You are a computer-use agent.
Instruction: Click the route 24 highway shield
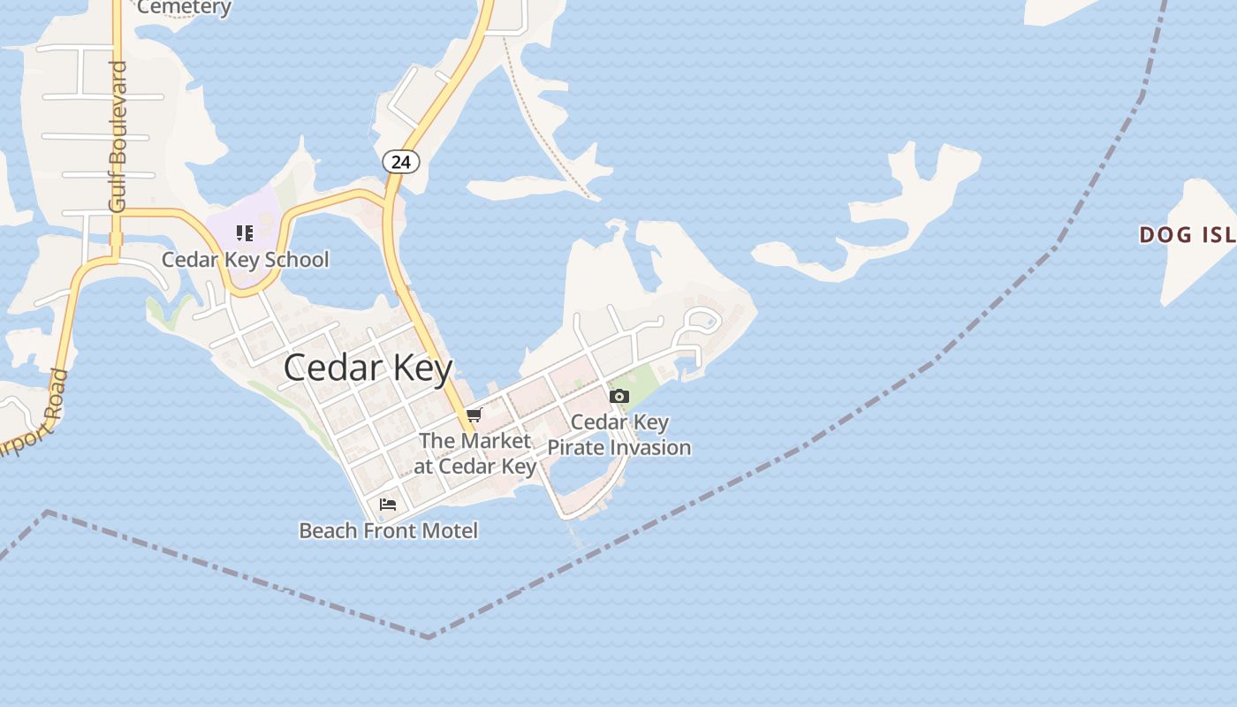click(x=400, y=162)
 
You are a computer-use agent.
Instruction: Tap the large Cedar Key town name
click(x=368, y=368)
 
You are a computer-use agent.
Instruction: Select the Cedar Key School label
click(x=245, y=260)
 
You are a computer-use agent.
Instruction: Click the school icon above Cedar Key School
click(x=245, y=233)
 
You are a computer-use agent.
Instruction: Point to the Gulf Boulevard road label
click(x=118, y=136)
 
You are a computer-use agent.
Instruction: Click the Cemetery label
click(x=184, y=8)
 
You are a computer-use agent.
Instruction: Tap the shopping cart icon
click(x=474, y=414)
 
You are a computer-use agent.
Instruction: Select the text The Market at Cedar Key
click(x=475, y=452)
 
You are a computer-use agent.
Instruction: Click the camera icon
click(x=619, y=396)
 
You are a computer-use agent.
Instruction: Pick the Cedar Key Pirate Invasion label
click(x=618, y=435)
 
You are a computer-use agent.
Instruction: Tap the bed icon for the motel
click(x=388, y=505)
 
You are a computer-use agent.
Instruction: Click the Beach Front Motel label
click(x=388, y=530)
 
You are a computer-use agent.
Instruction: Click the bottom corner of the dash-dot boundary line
click(x=429, y=636)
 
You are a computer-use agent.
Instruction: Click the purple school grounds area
click(x=256, y=212)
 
